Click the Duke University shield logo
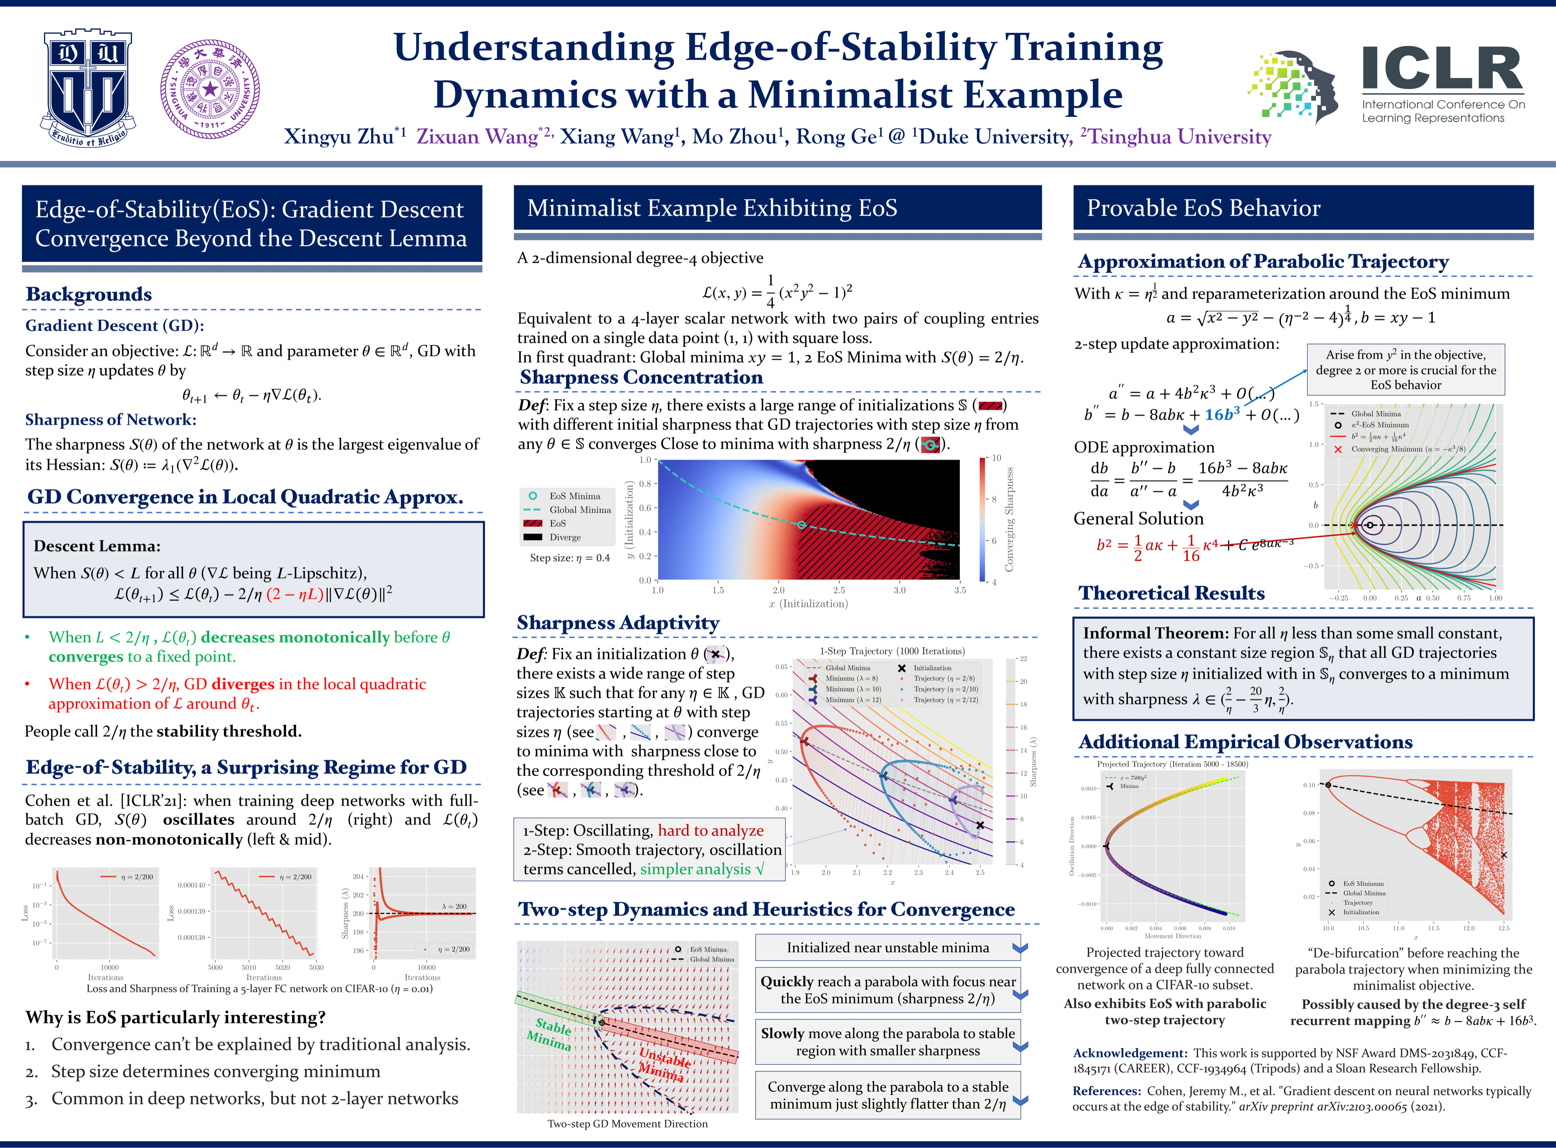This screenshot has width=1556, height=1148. point(88,88)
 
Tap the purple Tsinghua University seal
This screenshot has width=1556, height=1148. point(210,89)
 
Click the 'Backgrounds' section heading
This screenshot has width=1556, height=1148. point(89,294)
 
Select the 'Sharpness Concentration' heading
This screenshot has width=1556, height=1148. point(641,377)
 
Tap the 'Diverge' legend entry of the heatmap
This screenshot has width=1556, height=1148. point(565,537)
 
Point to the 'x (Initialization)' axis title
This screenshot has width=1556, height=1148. point(808,604)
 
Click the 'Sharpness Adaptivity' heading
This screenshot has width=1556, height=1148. point(617,623)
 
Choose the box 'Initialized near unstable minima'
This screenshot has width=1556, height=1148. point(888,948)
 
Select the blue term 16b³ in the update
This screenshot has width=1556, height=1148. point(1222,415)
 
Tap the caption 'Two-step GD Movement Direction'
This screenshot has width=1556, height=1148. point(627,1124)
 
